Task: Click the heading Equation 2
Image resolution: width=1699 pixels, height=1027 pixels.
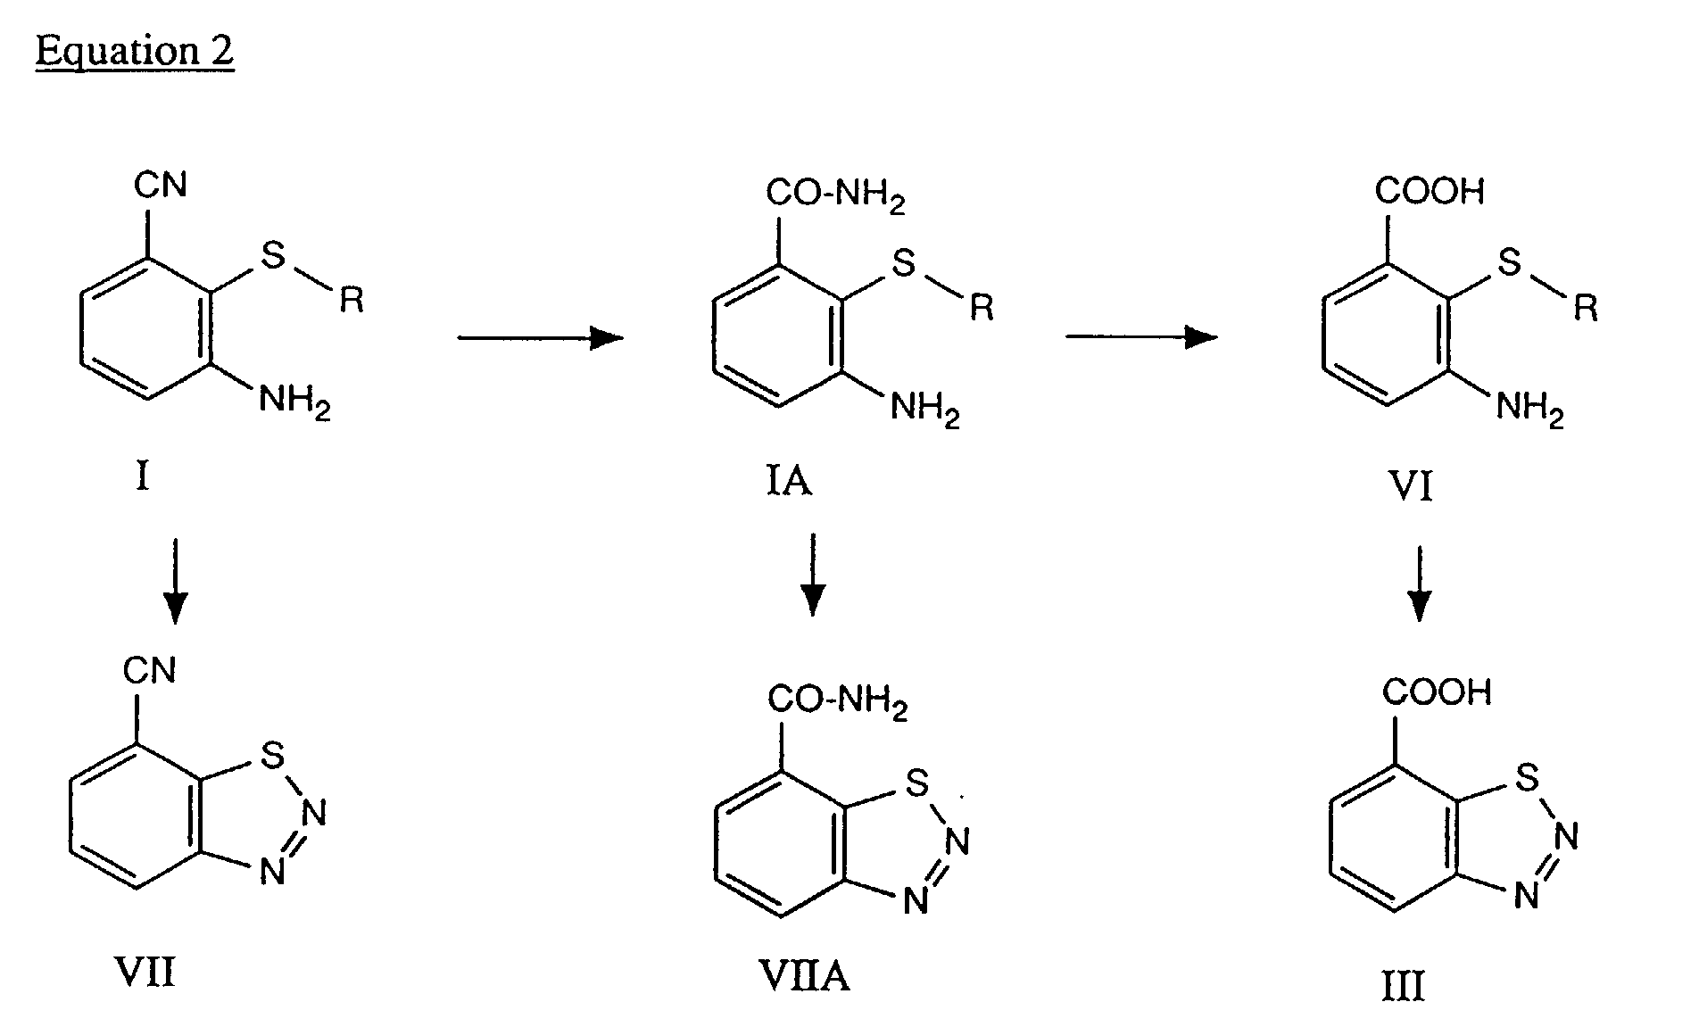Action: (135, 51)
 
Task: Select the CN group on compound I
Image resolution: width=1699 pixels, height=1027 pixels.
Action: (161, 186)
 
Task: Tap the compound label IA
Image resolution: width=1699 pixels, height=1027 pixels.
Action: (788, 483)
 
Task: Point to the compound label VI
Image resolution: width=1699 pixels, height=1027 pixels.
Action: (1411, 488)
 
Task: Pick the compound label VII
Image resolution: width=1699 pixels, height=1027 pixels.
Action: (145, 972)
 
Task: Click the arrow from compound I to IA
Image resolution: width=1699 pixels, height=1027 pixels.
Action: (540, 337)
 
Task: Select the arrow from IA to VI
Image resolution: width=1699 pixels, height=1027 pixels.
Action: (1141, 336)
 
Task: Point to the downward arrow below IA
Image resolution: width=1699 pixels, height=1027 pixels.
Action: (812, 575)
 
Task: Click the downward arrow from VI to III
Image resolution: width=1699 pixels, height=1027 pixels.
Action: (1418, 584)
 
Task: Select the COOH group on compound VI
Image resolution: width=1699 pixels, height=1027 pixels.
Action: (1430, 191)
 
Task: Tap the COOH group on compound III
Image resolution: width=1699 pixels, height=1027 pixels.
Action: (1437, 692)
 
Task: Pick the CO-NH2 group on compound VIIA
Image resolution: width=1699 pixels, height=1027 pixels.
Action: (838, 702)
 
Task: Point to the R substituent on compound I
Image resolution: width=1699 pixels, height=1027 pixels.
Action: (352, 301)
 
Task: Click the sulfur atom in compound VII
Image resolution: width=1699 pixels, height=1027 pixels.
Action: (272, 757)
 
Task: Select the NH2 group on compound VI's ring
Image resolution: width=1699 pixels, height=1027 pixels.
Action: (1529, 410)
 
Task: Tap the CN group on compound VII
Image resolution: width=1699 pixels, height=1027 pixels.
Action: (150, 670)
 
